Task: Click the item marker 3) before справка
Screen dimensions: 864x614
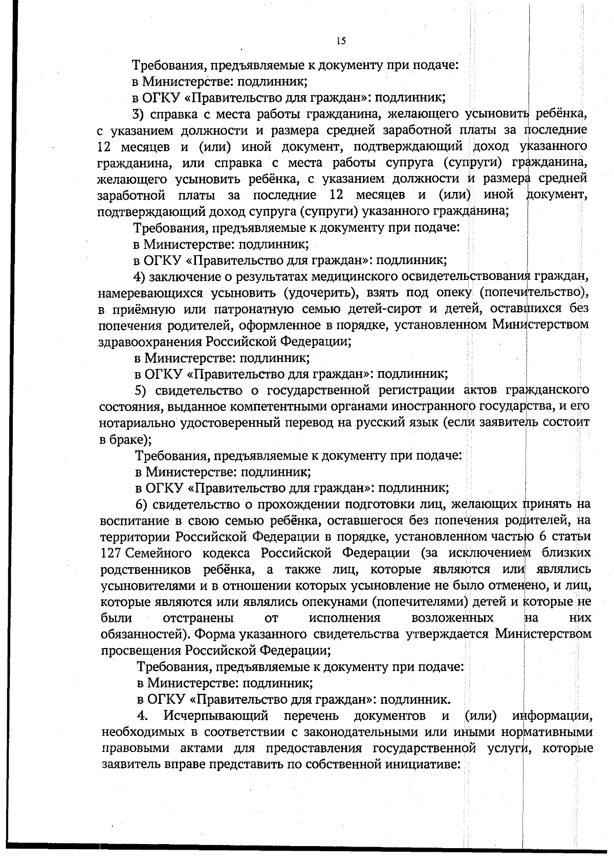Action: (x=140, y=114)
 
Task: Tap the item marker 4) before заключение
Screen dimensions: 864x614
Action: (x=141, y=277)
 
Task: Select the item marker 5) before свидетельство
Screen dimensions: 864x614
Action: (x=142, y=391)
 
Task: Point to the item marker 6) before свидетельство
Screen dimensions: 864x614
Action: (x=143, y=504)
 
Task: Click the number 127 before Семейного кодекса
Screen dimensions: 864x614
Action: (x=112, y=553)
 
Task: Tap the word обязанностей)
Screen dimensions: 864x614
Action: (x=145, y=634)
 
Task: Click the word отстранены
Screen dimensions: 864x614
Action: (x=199, y=618)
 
